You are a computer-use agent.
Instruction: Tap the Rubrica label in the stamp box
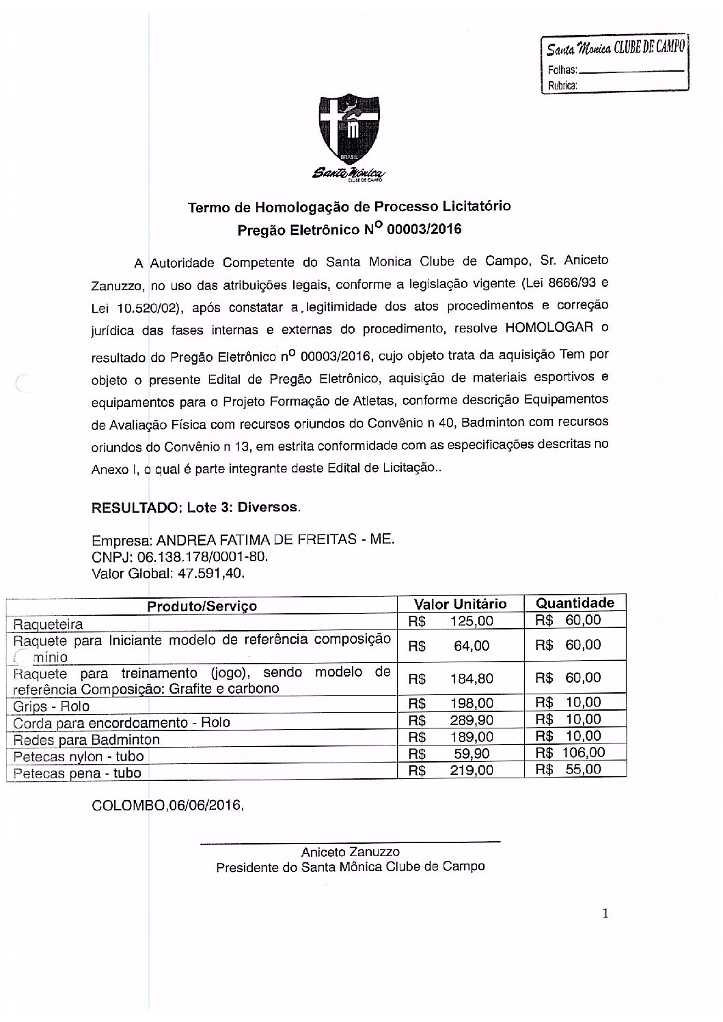[x=562, y=86]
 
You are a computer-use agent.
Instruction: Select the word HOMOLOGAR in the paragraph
[x=549, y=328]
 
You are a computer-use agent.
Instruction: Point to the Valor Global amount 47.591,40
[x=210, y=573]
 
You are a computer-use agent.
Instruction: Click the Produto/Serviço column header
[x=202, y=606]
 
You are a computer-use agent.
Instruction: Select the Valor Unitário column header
[x=461, y=604]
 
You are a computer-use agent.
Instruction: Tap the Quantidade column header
[x=575, y=602]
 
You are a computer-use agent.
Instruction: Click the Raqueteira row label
[x=49, y=624]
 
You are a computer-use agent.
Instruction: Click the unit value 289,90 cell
[x=472, y=720]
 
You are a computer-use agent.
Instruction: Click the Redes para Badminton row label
[x=87, y=739]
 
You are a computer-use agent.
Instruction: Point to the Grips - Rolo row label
[x=52, y=706]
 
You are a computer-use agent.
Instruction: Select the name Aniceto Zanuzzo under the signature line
[x=350, y=851]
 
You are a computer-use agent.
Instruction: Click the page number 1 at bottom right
[x=605, y=913]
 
